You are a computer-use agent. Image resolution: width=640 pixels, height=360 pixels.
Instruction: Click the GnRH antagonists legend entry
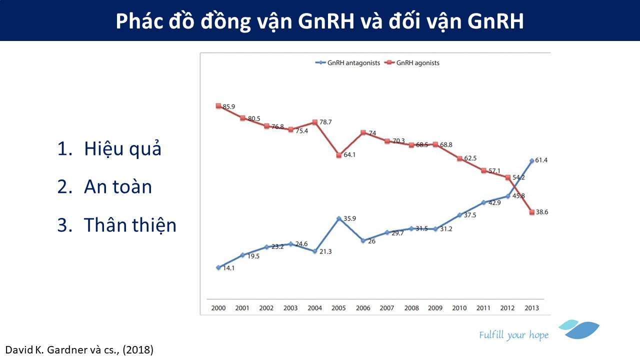(347, 63)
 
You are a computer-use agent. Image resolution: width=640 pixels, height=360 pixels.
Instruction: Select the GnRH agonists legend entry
(411, 63)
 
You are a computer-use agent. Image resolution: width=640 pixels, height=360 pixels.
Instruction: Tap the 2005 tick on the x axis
(338, 308)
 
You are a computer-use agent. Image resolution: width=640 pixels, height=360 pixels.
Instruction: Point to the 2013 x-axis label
(531, 308)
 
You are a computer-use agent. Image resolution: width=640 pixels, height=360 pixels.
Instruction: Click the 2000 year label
(218, 308)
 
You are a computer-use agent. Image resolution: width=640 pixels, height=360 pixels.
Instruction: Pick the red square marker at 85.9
(218, 105)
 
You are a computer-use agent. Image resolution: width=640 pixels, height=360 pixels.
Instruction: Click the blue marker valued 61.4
(531, 161)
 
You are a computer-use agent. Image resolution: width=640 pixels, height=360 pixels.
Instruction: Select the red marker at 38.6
(531, 212)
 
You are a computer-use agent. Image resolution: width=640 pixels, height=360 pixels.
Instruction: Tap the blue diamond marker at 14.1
(218, 267)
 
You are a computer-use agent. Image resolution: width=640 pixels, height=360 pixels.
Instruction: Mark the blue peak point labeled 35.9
(339, 218)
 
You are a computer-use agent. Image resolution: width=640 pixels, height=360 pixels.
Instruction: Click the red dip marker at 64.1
(339, 155)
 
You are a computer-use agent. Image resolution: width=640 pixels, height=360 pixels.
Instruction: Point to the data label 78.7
(325, 122)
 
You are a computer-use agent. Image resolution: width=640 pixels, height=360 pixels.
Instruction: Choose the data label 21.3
(325, 251)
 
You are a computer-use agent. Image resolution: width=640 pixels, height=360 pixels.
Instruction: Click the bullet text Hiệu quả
(123, 149)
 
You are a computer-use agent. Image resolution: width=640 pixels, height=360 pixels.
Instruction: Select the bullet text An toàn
(117, 187)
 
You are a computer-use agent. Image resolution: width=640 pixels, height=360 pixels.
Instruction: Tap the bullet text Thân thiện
(130, 225)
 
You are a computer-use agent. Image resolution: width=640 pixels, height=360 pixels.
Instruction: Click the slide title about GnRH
(319, 21)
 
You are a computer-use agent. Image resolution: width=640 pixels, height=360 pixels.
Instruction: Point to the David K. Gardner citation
(79, 350)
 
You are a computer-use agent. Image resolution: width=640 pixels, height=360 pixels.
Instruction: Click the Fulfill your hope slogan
(513, 335)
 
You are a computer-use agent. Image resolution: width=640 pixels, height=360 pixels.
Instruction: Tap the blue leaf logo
(579, 329)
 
